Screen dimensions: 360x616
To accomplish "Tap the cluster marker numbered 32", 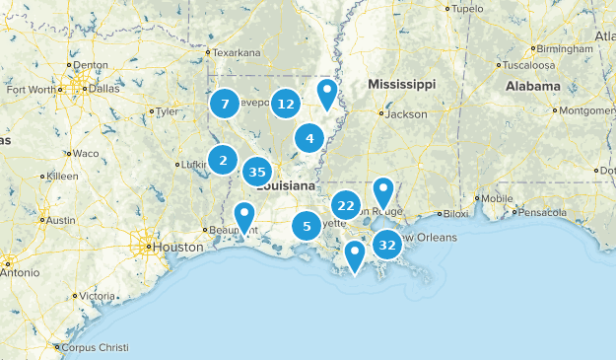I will [x=387, y=244].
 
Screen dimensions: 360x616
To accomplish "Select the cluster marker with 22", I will [x=345, y=205].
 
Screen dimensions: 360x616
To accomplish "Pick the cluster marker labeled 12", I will [x=286, y=103].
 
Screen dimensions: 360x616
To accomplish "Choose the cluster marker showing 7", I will [x=225, y=103].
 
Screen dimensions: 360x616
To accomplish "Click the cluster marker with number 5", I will [x=307, y=226].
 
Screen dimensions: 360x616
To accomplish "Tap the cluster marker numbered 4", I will [x=309, y=138].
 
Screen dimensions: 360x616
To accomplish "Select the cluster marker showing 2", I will [x=224, y=160].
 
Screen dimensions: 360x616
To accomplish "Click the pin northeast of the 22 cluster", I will [x=383, y=192].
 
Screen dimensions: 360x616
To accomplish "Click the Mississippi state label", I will [x=401, y=85].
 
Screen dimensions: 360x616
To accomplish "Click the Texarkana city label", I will [x=238, y=52].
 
